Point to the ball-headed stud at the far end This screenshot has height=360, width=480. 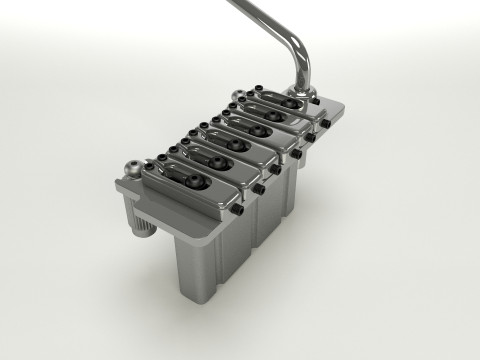237,98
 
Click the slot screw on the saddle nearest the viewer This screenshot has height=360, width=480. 192,183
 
